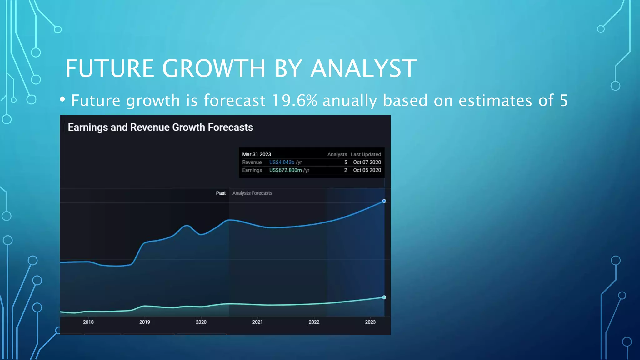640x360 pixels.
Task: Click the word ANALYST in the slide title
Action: click(x=363, y=68)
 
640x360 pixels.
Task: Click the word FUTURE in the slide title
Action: click(x=110, y=68)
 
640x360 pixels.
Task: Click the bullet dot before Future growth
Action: click(x=62, y=99)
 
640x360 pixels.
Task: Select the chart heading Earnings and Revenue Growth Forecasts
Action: click(x=160, y=127)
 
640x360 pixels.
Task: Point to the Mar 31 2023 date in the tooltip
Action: click(x=257, y=154)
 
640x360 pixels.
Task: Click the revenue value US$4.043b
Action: click(x=282, y=162)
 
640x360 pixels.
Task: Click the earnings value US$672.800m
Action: click(x=285, y=170)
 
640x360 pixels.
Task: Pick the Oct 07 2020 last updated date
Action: click(x=367, y=162)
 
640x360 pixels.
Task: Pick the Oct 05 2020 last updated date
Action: click(x=367, y=170)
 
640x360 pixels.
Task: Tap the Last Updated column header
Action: click(x=366, y=154)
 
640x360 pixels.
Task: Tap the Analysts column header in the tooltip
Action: click(x=337, y=154)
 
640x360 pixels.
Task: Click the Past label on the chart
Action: click(x=221, y=193)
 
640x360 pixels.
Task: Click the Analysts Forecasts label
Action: click(x=252, y=193)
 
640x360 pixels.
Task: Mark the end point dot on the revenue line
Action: click(x=384, y=201)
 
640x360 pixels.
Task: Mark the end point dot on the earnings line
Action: click(x=384, y=297)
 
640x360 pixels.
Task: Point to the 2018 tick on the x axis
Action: click(x=88, y=322)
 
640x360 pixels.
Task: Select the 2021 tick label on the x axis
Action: click(x=257, y=322)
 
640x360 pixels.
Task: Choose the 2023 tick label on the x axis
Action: click(x=370, y=322)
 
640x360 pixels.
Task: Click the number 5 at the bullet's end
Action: click(x=563, y=101)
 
